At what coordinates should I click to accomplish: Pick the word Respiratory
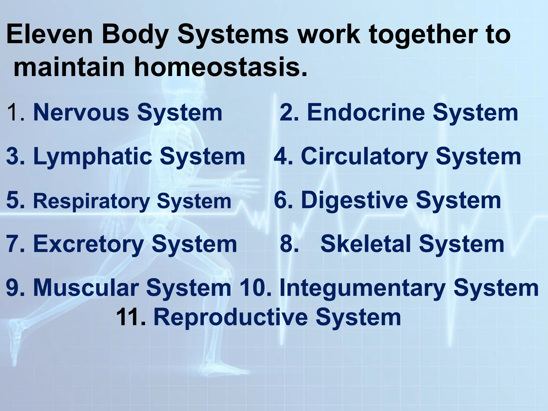tap(91, 201)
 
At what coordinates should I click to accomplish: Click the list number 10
tap(256, 288)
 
